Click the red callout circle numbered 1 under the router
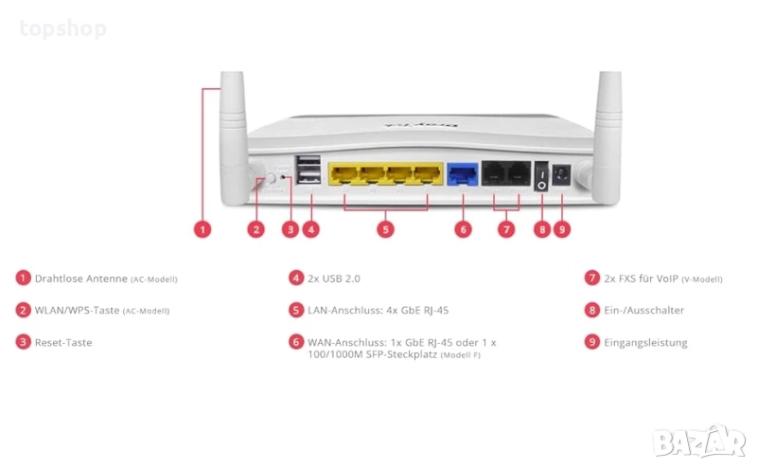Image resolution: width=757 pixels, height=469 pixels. pyautogui.click(x=201, y=228)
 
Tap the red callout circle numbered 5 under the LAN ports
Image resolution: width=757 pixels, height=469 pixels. pyautogui.click(x=385, y=228)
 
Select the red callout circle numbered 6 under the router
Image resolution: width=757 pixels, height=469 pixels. pyautogui.click(x=462, y=228)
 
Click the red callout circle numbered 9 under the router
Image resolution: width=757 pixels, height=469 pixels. pyautogui.click(x=561, y=228)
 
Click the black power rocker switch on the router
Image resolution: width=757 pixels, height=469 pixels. pyautogui.click(x=540, y=175)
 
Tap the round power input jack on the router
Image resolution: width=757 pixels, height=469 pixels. pyautogui.click(x=561, y=174)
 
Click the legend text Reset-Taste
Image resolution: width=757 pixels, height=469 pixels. pyautogui.click(x=63, y=342)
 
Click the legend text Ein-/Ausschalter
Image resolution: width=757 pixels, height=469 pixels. pyautogui.click(x=643, y=310)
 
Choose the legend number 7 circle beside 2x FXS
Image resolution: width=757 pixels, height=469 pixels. pyautogui.click(x=592, y=279)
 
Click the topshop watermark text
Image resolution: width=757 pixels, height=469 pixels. pyautogui.click(x=62, y=28)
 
